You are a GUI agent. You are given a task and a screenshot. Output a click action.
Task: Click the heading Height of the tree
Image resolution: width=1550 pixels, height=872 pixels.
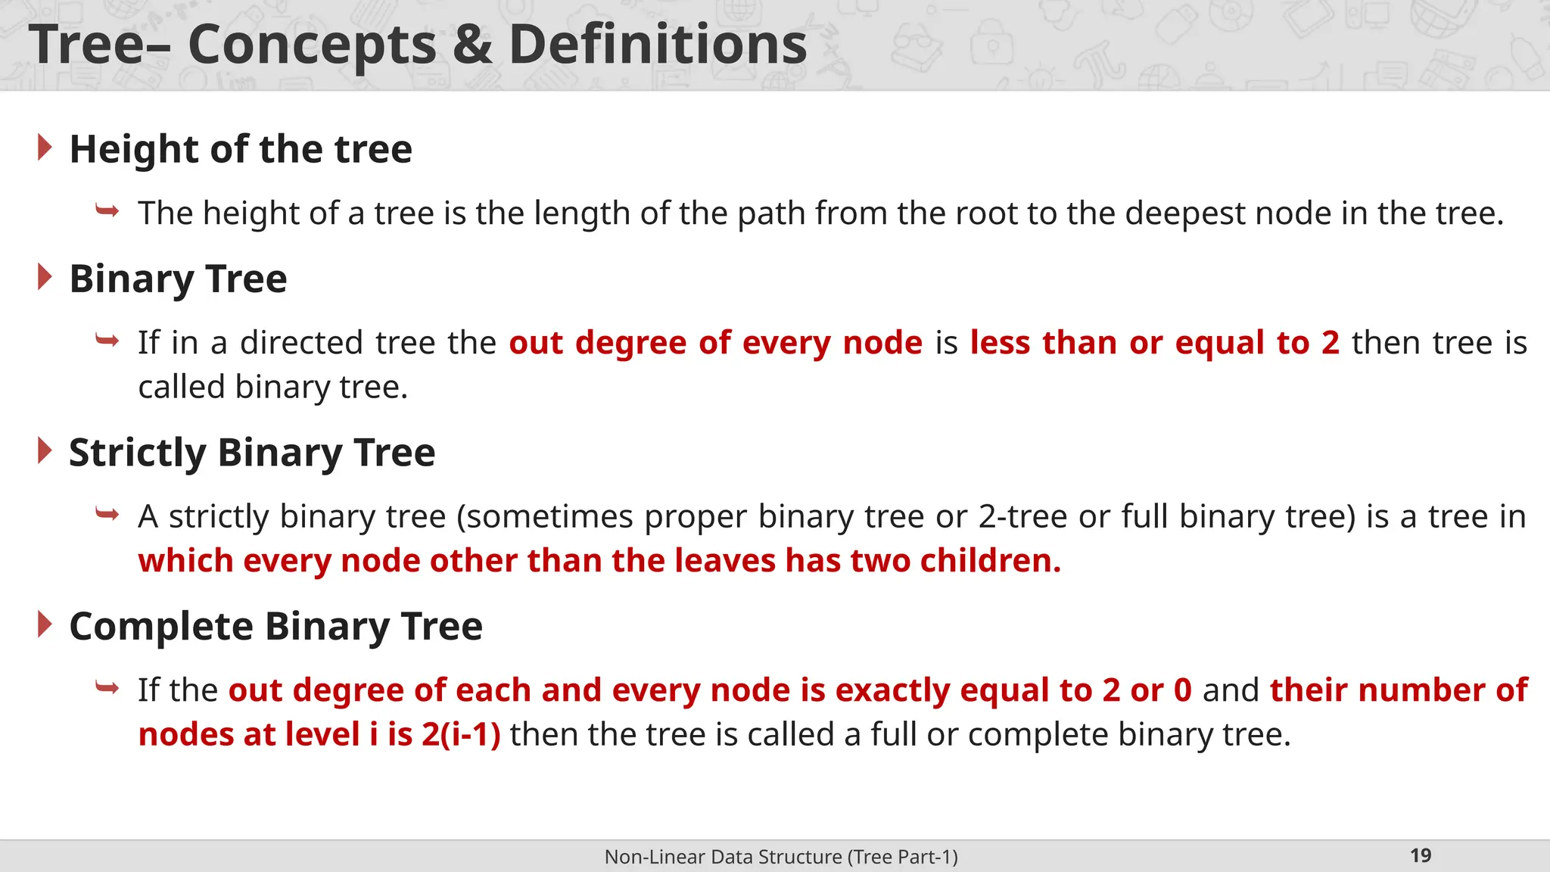tap(241, 149)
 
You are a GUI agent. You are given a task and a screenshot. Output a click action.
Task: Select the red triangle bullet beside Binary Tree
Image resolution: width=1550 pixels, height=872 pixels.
tap(45, 278)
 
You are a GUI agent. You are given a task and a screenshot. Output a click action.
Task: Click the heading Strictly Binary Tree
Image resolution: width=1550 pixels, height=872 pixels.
tap(252, 453)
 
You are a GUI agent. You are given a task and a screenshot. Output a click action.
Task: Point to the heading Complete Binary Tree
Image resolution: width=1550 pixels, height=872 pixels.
tap(275, 627)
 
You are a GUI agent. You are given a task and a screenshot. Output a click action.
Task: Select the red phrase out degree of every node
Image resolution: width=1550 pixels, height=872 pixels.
tap(715, 343)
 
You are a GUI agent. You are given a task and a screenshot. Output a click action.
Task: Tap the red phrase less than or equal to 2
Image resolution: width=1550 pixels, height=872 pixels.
tap(1154, 343)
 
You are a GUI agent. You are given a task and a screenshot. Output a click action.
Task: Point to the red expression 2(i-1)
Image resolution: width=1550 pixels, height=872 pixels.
tap(461, 735)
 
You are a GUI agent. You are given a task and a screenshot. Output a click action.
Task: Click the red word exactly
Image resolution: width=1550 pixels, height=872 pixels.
tap(892, 690)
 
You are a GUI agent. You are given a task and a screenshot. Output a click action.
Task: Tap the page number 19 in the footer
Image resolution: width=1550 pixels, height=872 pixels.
tap(1421, 855)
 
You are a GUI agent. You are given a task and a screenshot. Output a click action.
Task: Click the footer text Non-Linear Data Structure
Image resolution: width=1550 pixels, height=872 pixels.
tap(723, 857)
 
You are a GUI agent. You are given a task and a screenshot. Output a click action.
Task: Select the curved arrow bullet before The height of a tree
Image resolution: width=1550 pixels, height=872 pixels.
tap(107, 210)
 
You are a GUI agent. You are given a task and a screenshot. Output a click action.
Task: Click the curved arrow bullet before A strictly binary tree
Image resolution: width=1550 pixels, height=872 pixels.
tap(107, 515)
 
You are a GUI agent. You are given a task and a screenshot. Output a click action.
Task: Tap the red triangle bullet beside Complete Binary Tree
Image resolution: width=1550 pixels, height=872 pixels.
tap(45, 625)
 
